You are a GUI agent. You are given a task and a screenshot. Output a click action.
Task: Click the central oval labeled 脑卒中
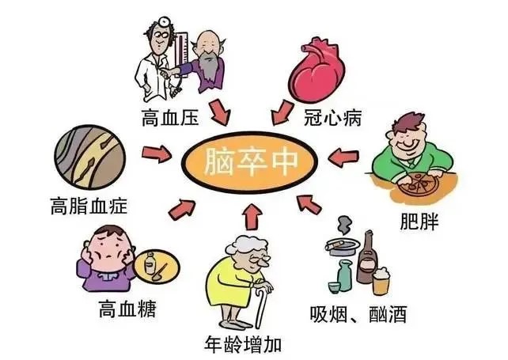tap(248, 162)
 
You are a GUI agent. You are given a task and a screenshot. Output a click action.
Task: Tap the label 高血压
tap(170, 117)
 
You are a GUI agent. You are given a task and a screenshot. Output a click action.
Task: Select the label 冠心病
tap(332, 117)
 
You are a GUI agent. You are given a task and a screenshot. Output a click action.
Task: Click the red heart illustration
tap(317, 70)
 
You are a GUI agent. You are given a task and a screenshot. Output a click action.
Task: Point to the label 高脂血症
tap(89, 206)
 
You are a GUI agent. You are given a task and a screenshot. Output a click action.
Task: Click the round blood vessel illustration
tap(89, 157)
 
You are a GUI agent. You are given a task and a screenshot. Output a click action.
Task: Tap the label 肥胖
tap(419, 222)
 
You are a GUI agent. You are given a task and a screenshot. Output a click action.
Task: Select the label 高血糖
tap(127, 309)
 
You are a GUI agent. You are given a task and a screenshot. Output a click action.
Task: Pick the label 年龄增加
tap(242, 344)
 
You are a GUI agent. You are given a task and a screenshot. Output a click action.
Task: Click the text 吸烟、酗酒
tap(358, 313)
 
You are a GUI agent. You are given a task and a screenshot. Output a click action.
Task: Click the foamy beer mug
tap(381, 281)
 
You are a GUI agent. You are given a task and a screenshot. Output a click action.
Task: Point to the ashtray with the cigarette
tap(343, 244)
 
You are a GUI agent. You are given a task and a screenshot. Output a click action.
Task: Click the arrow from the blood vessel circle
tap(157, 153)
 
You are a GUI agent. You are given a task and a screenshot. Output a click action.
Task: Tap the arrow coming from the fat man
tap(343, 157)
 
